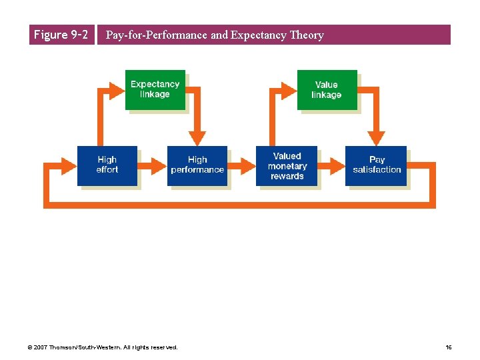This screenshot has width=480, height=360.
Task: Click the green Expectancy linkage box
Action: pyautogui.click(x=155, y=89)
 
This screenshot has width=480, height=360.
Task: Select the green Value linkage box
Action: pyautogui.click(x=326, y=89)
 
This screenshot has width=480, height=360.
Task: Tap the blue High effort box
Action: pyautogui.click(x=107, y=165)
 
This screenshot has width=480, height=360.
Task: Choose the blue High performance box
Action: pyautogui.click(x=197, y=165)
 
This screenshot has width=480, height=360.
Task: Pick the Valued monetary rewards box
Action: pyautogui.click(x=287, y=165)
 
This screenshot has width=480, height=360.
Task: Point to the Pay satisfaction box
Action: pyautogui.click(x=377, y=165)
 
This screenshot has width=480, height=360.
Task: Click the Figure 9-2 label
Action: pyautogui.click(x=61, y=35)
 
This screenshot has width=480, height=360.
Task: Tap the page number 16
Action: pyautogui.click(x=449, y=347)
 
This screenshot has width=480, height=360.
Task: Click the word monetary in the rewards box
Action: pyautogui.click(x=287, y=166)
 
